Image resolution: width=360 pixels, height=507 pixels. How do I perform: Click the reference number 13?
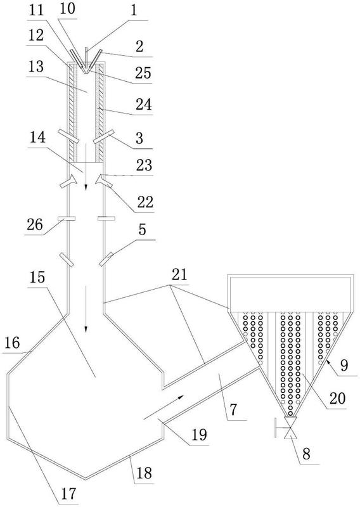35,67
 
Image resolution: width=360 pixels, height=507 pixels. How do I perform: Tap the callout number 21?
180,274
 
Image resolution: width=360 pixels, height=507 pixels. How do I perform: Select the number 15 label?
37,277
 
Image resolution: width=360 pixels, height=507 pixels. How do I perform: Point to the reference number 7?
233,409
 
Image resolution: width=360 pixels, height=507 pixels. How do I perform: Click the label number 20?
337,398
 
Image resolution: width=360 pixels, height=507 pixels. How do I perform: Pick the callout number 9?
344,365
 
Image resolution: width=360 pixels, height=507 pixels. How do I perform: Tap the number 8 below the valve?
306,453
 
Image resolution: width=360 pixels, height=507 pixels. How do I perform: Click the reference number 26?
35,225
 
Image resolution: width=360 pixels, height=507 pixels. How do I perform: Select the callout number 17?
68,494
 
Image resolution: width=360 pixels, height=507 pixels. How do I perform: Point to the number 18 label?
144,473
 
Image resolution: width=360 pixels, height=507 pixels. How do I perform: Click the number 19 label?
199,435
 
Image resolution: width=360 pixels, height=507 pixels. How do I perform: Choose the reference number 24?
144,105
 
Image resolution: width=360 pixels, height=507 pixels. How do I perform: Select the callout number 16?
12,343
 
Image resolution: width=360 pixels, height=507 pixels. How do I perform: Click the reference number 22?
145,202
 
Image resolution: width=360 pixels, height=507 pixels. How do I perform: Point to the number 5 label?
143,230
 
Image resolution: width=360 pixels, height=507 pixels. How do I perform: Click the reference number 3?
139,138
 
